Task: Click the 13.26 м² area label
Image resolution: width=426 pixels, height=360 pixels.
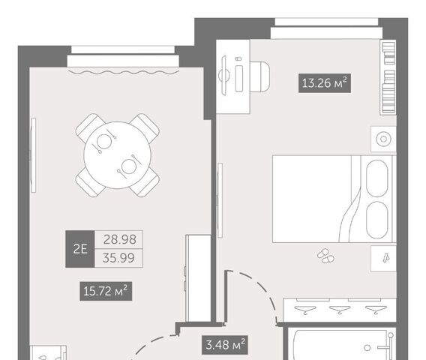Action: tap(325, 82)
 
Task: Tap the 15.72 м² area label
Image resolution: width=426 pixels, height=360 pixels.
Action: tap(106, 291)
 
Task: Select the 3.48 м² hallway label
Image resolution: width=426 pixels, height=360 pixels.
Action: tap(225, 345)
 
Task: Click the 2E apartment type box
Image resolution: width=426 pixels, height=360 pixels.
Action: tap(80, 249)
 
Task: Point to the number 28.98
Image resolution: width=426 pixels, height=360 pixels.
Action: tap(119, 239)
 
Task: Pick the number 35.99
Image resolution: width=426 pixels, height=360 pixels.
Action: tap(118, 257)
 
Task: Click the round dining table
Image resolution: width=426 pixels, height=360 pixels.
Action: tap(117, 155)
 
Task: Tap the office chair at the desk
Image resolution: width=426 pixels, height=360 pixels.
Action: tap(260, 76)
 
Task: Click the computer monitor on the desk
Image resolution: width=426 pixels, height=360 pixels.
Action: tap(223, 75)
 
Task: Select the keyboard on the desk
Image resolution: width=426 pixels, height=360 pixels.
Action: tap(239, 78)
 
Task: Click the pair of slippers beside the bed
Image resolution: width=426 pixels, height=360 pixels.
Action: tap(325, 256)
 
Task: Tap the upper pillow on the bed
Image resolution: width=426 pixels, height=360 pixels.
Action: tap(376, 178)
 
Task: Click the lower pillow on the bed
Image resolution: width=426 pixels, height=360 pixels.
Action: tap(376, 220)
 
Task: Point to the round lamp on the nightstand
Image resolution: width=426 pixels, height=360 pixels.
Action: tap(383, 139)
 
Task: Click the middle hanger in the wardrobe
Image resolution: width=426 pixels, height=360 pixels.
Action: tap(340, 309)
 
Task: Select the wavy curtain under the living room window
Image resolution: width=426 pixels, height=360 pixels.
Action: tap(123, 72)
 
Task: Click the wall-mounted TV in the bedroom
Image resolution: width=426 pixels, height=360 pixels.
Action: tap(220, 200)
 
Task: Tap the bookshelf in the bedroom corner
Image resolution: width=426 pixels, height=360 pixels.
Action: tap(388, 77)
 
